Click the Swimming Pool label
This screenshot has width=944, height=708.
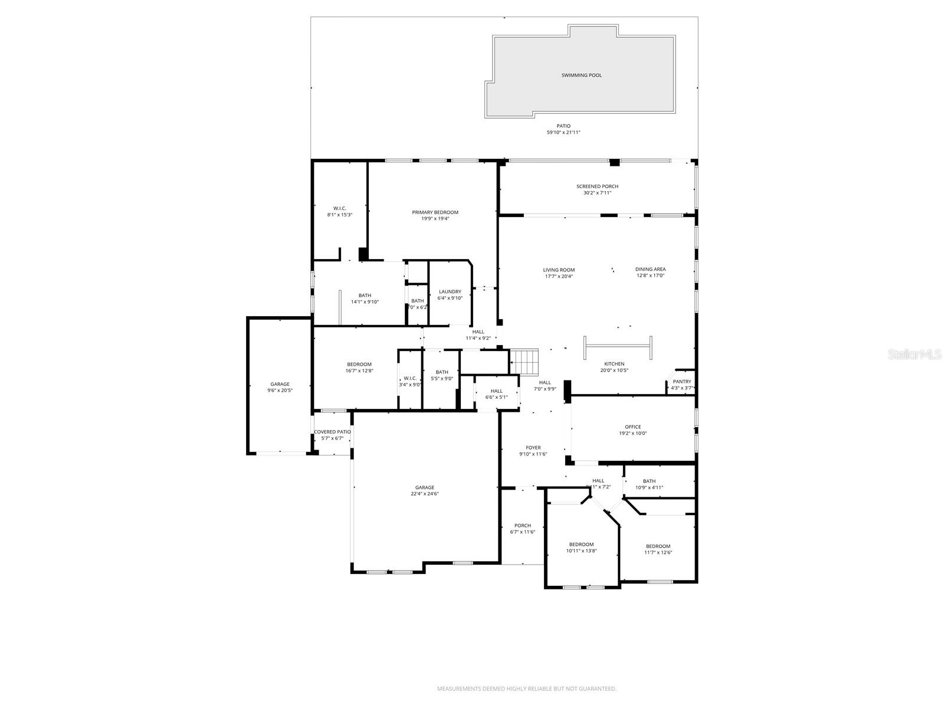(581, 76)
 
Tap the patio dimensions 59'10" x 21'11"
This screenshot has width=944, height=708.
(563, 133)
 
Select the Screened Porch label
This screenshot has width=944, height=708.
(597, 186)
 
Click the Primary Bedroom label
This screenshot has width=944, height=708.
(435, 212)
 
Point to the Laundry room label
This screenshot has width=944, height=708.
(450, 291)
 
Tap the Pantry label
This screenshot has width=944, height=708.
(681, 382)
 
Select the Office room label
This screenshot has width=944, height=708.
(632, 427)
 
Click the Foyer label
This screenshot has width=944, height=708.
(533, 448)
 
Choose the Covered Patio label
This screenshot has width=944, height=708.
(332, 432)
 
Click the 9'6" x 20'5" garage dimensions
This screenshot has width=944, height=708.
(280, 391)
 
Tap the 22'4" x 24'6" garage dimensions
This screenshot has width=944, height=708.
(425, 494)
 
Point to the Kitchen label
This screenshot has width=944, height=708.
(614, 364)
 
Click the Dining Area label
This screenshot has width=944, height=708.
(650, 269)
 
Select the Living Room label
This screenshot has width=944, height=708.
(558, 270)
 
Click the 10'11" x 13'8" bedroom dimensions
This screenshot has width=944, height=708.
(581, 551)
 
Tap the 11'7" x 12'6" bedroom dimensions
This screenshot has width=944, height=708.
(658, 553)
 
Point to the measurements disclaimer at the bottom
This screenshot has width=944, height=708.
(526, 689)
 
